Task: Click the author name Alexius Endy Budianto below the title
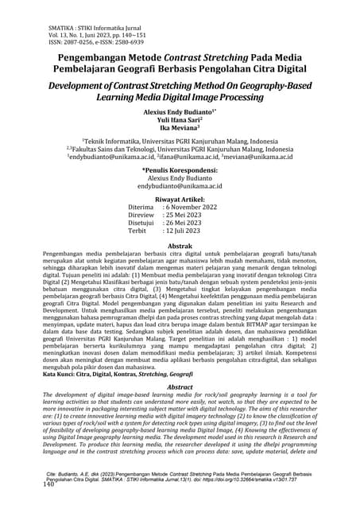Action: point(180,113)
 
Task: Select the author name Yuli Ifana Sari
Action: point(179,122)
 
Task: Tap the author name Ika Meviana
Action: point(180,131)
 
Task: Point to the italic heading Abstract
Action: point(180,385)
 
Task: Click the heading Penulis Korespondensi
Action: point(180,169)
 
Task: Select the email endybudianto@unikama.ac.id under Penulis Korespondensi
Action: point(180,187)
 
